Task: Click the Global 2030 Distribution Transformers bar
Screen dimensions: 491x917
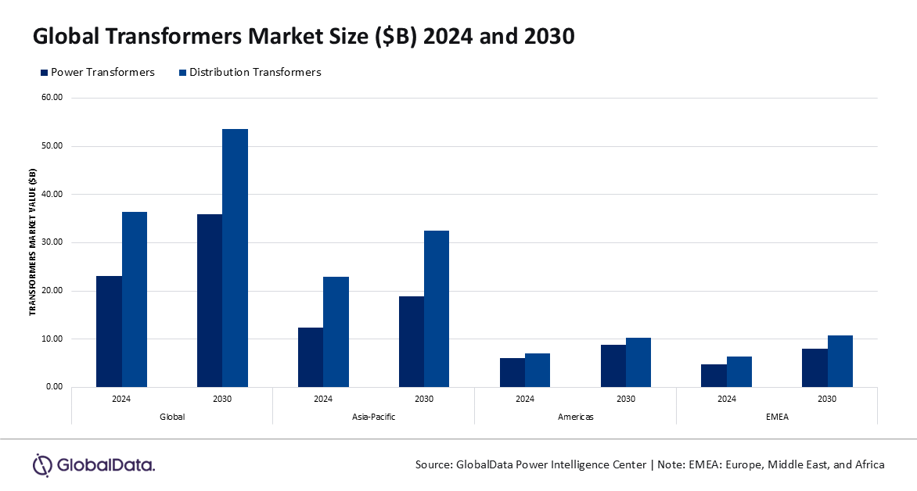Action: (x=235, y=258)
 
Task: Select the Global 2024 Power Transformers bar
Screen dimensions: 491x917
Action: (x=109, y=332)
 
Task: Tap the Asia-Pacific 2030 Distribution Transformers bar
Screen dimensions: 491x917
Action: (x=437, y=309)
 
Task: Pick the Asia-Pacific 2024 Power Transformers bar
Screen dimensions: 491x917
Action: (x=311, y=357)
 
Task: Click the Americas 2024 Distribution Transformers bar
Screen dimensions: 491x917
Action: (x=538, y=371)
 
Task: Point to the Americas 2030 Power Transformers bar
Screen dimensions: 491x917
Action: (x=613, y=366)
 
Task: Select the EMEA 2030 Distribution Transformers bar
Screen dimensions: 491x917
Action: (x=840, y=361)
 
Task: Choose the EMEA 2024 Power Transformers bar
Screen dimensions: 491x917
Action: (x=714, y=375)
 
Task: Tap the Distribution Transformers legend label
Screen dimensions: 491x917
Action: (x=256, y=72)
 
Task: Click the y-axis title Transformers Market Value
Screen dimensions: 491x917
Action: (x=33, y=242)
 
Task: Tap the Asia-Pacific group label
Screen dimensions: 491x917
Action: (x=373, y=417)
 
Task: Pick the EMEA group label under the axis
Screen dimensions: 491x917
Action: (x=777, y=417)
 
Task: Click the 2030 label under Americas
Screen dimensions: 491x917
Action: (x=626, y=399)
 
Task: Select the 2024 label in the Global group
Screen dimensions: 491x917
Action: (x=121, y=399)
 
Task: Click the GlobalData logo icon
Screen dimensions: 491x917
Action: (x=41, y=464)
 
